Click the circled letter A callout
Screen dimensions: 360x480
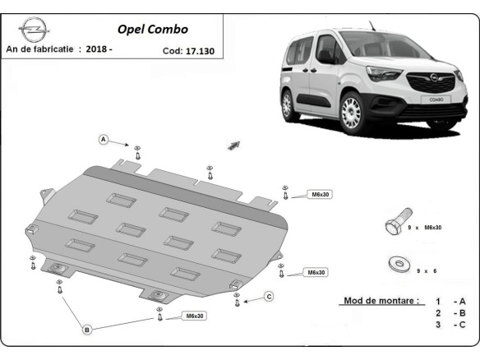pyautogui.click(x=104, y=140)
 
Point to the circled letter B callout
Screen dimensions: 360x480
pyautogui.click(x=85, y=330)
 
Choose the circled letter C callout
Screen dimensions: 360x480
pyautogui.click(x=269, y=296)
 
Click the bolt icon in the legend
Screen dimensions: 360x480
pyautogui.click(x=395, y=226)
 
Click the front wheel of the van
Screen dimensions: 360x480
pyautogui.click(x=352, y=114)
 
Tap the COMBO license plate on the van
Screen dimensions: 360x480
pyautogui.click(x=436, y=99)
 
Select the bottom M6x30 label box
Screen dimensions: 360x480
pyautogui.click(x=195, y=316)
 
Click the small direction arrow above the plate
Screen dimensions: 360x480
pyautogui.click(x=233, y=145)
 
